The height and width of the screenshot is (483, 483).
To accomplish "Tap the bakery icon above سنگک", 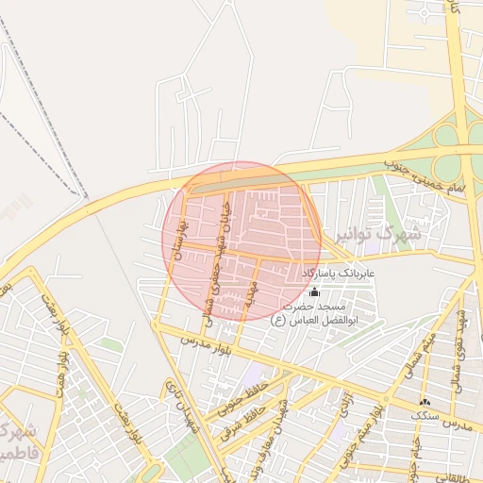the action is (425, 402).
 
